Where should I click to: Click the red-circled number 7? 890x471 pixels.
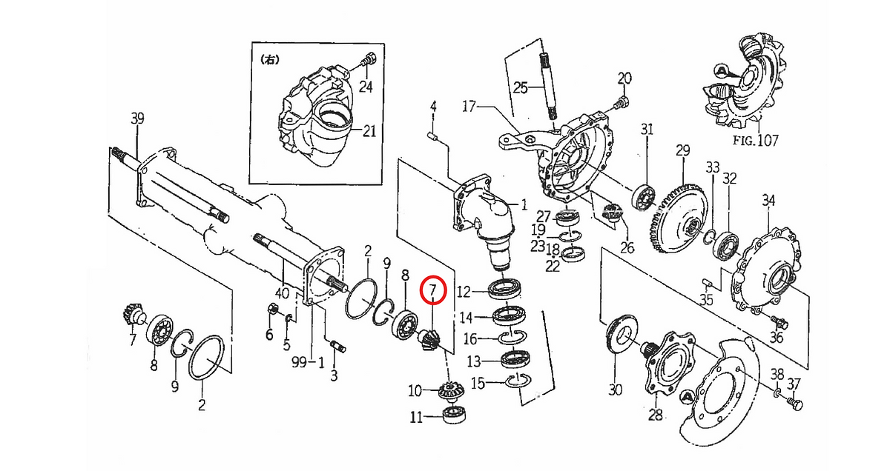pos(433,290)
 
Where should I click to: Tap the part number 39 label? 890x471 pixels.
pos(137,118)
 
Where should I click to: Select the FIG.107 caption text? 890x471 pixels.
pos(755,140)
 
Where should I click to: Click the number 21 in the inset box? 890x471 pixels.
pos(369,130)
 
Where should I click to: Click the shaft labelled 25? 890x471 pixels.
pos(548,86)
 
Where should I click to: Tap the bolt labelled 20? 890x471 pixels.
pos(622,103)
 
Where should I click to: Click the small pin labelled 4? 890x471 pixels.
pos(433,136)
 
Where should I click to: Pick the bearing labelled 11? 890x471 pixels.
pos(454,415)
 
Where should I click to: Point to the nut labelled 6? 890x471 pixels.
pos(274,309)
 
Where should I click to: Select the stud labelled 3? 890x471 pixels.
pos(337,346)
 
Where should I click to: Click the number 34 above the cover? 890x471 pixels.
pos(768,201)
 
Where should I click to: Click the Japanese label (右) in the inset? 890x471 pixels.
pos(270,59)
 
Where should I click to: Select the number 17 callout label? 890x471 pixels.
pos(469,107)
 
